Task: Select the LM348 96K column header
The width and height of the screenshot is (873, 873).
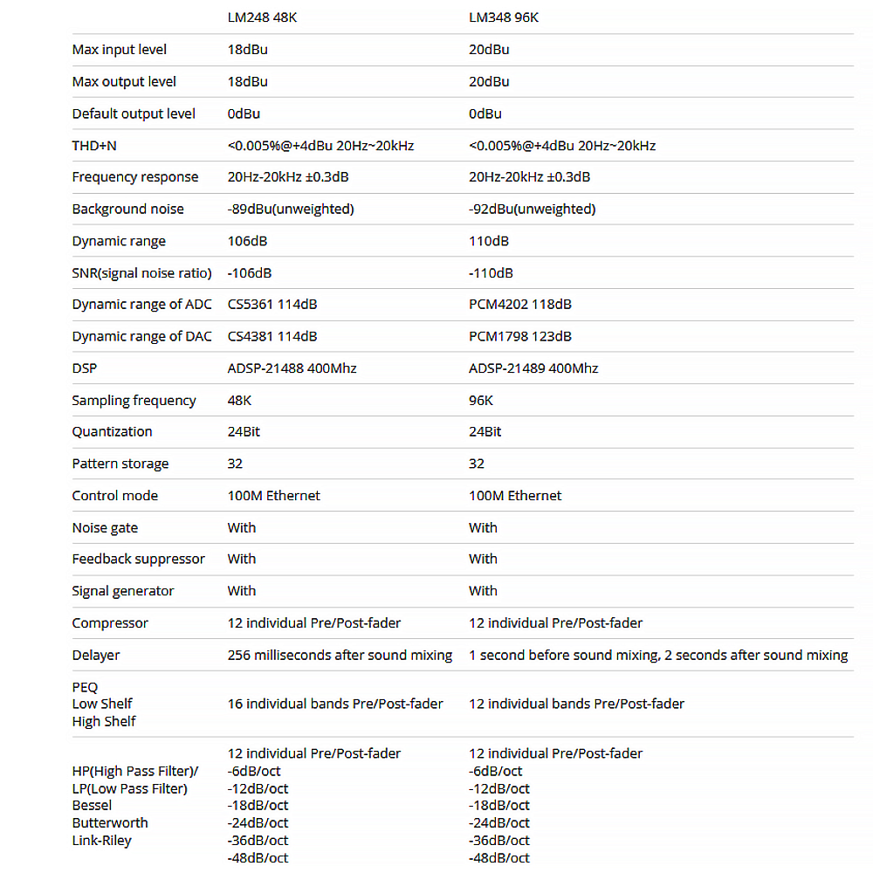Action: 505,17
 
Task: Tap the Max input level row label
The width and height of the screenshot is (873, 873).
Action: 120,50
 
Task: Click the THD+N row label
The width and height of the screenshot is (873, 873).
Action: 94,146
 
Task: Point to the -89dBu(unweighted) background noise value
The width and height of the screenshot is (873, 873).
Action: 291,210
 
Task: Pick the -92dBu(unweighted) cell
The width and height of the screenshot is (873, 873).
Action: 532,210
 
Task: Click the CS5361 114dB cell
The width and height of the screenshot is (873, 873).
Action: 272,305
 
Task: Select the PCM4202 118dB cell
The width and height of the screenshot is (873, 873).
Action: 520,305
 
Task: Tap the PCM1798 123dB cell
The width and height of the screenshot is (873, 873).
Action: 520,337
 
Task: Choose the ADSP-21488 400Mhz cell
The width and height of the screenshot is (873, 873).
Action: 292,368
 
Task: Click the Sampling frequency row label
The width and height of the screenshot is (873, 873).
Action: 134,401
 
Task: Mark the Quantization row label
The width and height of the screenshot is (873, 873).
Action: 112,432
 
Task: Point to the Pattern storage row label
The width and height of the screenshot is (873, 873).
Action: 120,464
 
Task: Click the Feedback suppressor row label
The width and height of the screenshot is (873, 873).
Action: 139,560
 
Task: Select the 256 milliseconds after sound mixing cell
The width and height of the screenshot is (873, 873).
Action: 340,655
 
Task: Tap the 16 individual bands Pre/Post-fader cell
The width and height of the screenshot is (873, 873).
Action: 335,704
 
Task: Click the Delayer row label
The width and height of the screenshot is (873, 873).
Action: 96,655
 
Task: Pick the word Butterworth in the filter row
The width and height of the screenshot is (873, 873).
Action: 110,823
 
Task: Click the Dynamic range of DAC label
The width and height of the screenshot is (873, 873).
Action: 141,337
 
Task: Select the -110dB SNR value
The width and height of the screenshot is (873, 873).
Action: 491,273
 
